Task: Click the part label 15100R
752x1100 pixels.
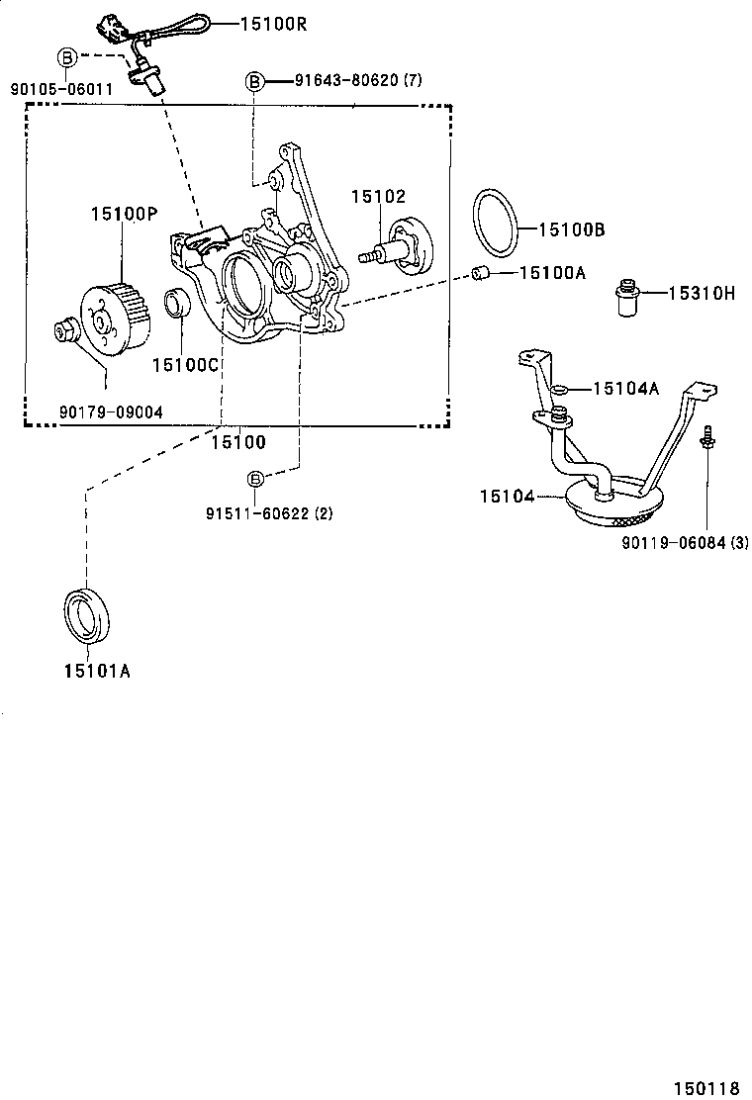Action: [273, 22]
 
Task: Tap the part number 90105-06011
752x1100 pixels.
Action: [61, 89]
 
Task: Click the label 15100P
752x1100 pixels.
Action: [124, 213]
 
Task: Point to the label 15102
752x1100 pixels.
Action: [378, 197]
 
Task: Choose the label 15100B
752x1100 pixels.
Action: [571, 229]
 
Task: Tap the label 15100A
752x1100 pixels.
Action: [552, 272]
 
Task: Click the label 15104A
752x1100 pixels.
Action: [625, 389]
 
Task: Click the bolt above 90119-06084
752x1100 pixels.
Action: [707, 438]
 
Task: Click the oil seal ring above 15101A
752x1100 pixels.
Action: [87, 612]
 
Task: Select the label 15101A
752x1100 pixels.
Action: [97, 672]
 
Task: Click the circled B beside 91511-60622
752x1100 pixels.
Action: [255, 479]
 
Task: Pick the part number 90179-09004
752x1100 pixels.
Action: [110, 412]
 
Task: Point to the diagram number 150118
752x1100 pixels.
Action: [707, 1088]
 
